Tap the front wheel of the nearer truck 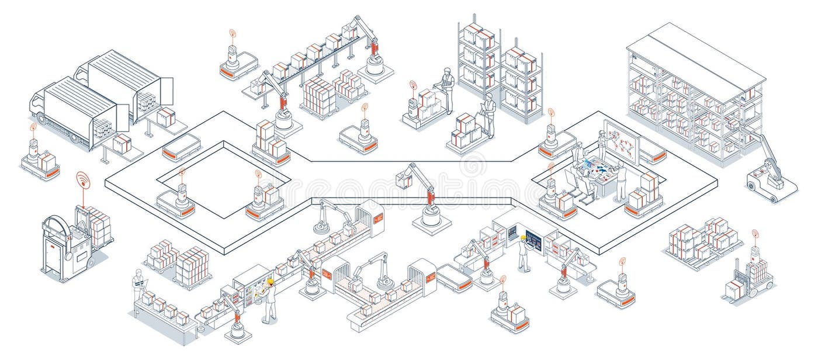74,139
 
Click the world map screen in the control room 621,140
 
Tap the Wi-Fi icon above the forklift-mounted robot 754,235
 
